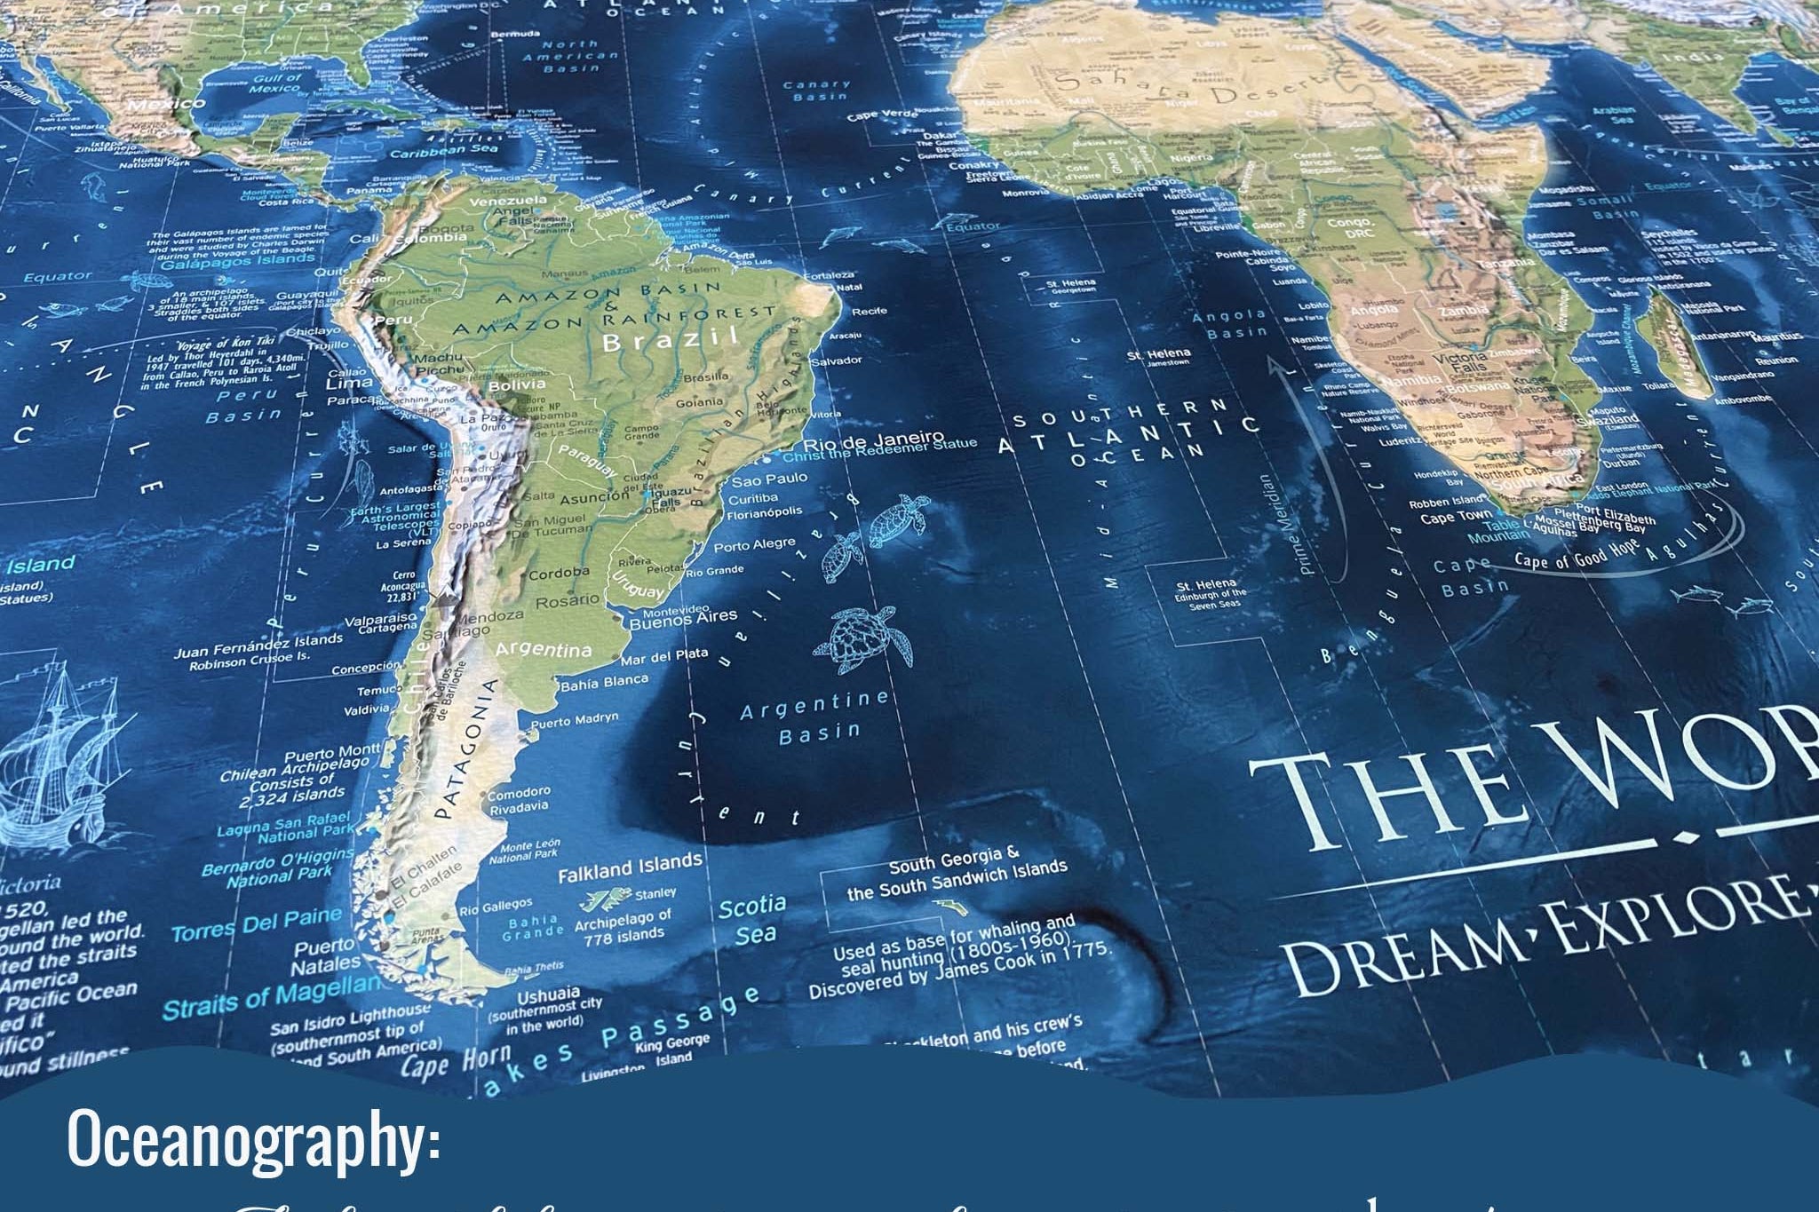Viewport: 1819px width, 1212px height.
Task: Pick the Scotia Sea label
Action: tap(753, 920)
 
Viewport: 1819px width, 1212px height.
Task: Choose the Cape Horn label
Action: tap(456, 1062)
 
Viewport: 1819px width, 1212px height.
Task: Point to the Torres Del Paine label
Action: tap(257, 923)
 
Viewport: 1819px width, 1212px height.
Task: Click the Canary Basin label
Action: tap(816, 91)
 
